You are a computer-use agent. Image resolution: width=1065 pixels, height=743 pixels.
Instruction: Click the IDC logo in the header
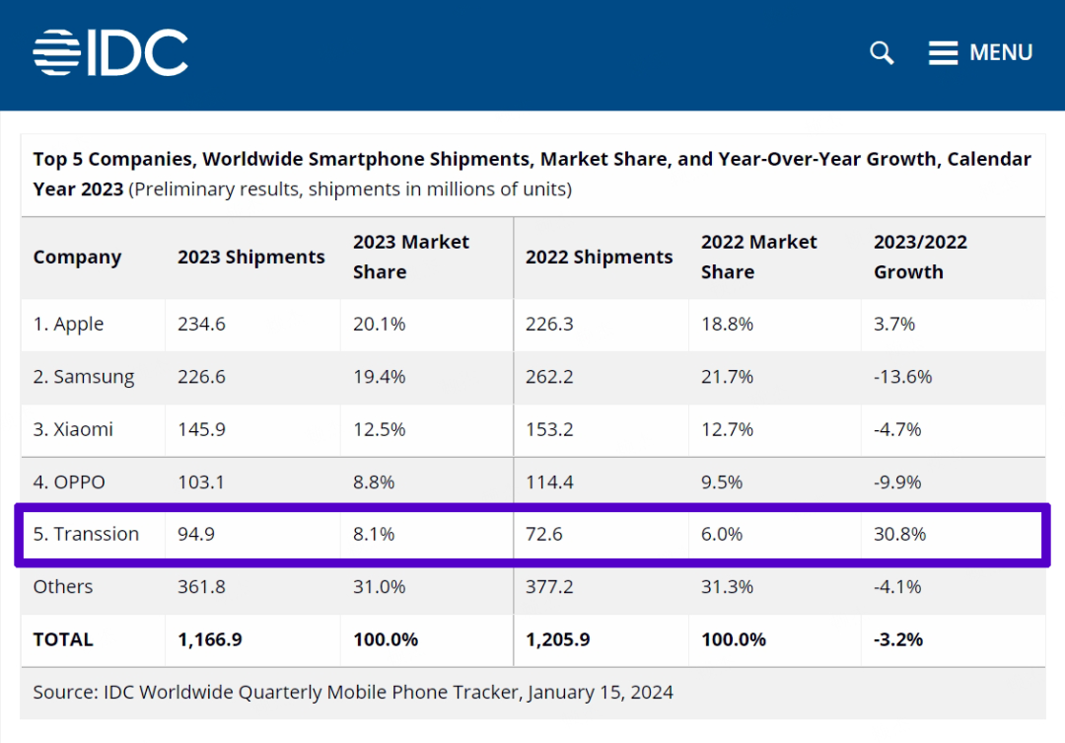pyautogui.click(x=110, y=52)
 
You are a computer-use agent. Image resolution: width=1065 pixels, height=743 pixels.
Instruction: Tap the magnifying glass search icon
pyautogui.click(x=882, y=52)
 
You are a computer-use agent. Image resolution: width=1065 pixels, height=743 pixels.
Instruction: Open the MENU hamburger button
pyautogui.click(x=980, y=52)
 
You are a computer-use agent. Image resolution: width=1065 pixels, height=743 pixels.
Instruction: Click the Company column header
pyautogui.click(x=77, y=258)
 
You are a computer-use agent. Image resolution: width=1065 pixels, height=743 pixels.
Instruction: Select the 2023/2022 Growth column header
pyautogui.click(x=920, y=258)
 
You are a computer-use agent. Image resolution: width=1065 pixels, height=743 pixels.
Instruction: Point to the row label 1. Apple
pyautogui.click(x=68, y=324)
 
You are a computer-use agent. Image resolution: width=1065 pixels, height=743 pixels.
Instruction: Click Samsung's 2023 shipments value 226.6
pyautogui.click(x=201, y=377)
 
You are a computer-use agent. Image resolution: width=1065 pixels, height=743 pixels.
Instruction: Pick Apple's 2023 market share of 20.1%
pyautogui.click(x=374, y=324)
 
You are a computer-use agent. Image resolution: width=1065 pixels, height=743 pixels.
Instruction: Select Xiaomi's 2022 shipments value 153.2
pyautogui.click(x=550, y=429)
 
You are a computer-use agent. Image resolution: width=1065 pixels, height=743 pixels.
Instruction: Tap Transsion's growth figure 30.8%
pyautogui.click(x=899, y=534)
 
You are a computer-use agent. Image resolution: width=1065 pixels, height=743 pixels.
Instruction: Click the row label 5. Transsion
pyautogui.click(x=86, y=534)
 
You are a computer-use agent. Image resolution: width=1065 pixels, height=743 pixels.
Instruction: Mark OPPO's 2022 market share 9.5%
pyautogui.click(x=722, y=482)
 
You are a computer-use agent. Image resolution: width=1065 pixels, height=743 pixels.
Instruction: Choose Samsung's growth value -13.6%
pyautogui.click(x=902, y=377)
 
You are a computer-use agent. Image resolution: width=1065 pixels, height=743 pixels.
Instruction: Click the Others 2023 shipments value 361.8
pyautogui.click(x=201, y=586)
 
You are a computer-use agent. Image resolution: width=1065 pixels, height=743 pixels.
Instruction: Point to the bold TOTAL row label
pyautogui.click(x=63, y=639)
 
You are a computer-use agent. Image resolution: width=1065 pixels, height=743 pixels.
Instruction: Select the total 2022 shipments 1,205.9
pyautogui.click(x=557, y=639)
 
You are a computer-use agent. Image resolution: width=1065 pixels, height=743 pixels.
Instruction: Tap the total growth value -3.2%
pyautogui.click(x=898, y=639)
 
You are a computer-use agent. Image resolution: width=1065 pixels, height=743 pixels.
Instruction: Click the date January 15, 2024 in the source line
pyautogui.click(x=601, y=692)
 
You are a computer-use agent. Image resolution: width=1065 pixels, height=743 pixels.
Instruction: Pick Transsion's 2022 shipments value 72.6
pyautogui.click(x=544, y=534)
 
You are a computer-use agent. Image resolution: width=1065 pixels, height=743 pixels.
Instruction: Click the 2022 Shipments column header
pyautogui.click(x=599, y=258)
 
